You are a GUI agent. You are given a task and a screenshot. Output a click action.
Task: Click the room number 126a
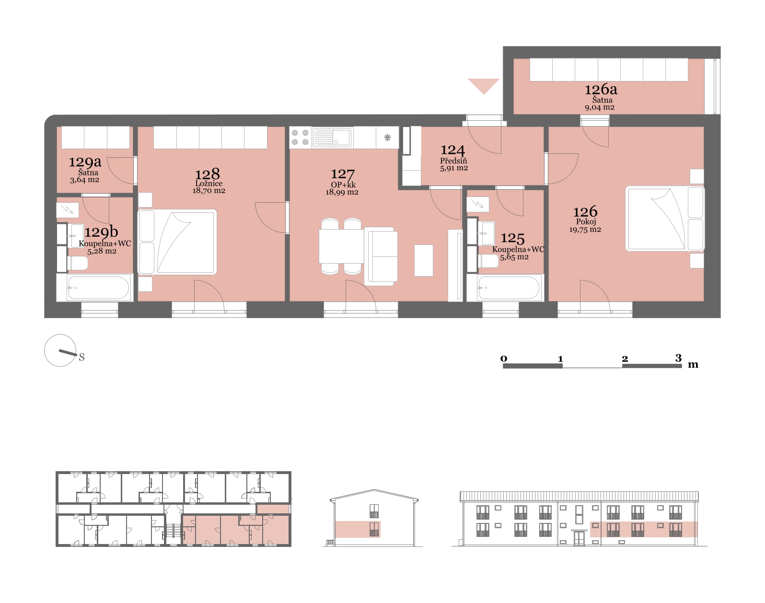point(601,90)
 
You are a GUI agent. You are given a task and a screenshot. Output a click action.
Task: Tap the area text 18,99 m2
point(342,192)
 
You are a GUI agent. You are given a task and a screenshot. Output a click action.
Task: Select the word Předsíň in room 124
point(453,161)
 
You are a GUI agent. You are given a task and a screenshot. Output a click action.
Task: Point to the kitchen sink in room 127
point(332,137)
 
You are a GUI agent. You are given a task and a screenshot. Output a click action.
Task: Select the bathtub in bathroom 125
point(509,288)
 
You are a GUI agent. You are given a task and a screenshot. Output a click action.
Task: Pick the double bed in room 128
point(177,242)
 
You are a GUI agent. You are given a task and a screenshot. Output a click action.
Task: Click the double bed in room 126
point(665,218)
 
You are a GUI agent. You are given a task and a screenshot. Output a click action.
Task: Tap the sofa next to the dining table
point(381,256)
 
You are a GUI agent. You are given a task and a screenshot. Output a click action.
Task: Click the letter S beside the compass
point(82,357)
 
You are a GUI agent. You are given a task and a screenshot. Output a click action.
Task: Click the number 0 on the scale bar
point(504,359)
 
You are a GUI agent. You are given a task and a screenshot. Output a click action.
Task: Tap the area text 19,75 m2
point(585,230)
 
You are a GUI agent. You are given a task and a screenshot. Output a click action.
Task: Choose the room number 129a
point(85,162)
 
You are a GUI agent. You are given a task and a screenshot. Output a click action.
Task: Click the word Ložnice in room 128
point(209,184)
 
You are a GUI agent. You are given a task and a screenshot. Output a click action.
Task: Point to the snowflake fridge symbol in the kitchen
point(387,138)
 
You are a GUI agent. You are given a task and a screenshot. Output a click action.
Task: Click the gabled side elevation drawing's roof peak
point(374,489)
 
